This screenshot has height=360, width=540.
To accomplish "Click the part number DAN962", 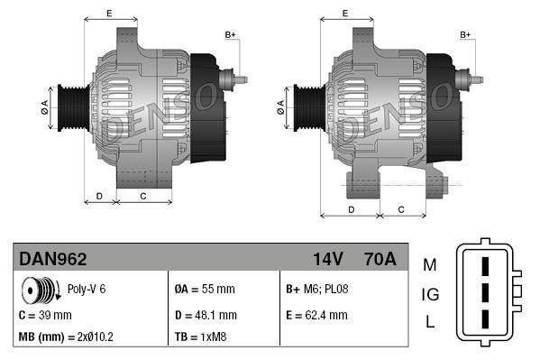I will point(53,260).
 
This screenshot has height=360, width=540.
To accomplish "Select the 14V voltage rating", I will point(327,260).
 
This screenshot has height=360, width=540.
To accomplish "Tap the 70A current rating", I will point(378,260).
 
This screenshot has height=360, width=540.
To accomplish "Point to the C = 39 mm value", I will point(45,315).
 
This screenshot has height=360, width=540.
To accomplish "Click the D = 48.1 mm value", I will point(206,315).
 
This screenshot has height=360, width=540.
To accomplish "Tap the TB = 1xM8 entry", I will point(200,337).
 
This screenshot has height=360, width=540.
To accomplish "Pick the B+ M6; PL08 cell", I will point(316,290).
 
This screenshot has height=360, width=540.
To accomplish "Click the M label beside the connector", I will point(430,264).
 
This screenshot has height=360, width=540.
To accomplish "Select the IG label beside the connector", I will point(430,294).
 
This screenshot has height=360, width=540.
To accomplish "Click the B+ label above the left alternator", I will point(230,34).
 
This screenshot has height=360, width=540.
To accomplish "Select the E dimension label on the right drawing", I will point(345,13).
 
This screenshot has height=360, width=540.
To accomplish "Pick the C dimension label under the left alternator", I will point(143,195).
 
